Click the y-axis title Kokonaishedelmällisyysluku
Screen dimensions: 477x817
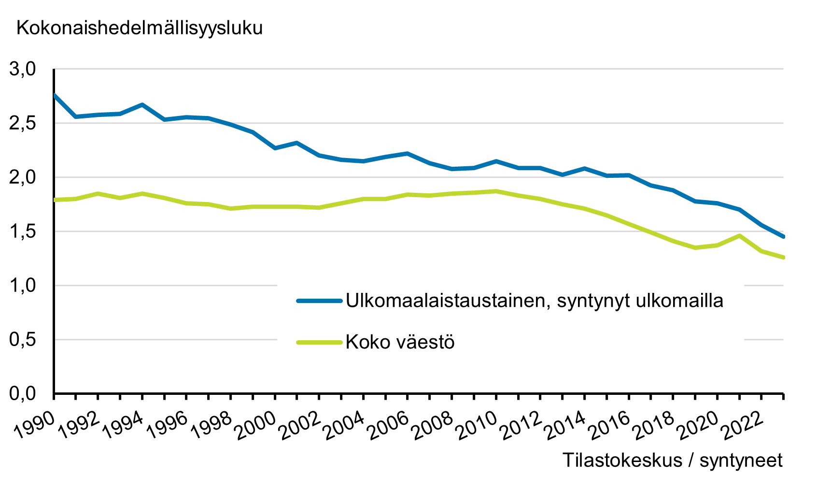(140, 28)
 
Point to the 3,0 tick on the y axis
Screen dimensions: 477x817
(23, 69)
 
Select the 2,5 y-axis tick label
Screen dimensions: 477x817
(23, 123)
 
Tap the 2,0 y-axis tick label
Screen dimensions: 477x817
(23, 177)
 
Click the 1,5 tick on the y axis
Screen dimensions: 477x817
(23, 231)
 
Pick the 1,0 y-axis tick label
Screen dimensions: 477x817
(23, 286)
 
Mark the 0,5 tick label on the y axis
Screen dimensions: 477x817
(23, 340)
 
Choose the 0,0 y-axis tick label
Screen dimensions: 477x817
(23, 394)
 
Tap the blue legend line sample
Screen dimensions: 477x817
(319, 301)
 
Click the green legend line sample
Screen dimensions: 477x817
(319, 342)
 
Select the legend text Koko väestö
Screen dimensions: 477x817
(400, 342)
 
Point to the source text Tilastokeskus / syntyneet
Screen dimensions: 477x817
(672, 460)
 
